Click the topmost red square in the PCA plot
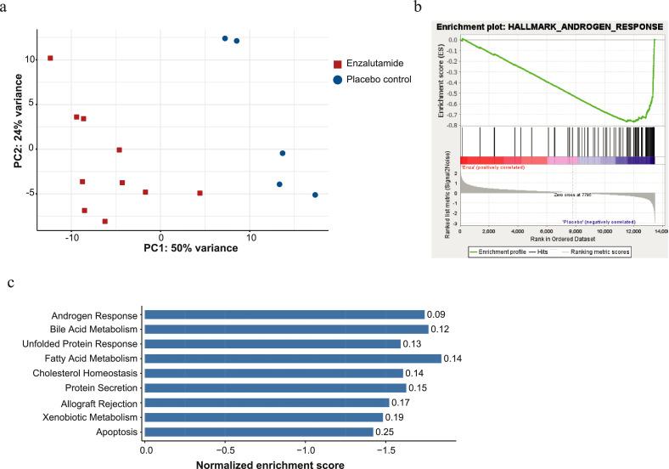(x=50, y=58)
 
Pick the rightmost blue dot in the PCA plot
(x=315, y=195)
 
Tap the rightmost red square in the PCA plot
(x=200, y=193)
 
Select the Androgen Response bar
(x=284, y=314)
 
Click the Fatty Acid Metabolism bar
(x=292, y=359)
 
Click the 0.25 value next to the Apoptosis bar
(x=386, y=432)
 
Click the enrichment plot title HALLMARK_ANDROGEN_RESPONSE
(x=549, y=26)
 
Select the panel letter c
(x=10, y=284)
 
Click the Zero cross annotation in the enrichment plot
(x=572, y=195)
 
